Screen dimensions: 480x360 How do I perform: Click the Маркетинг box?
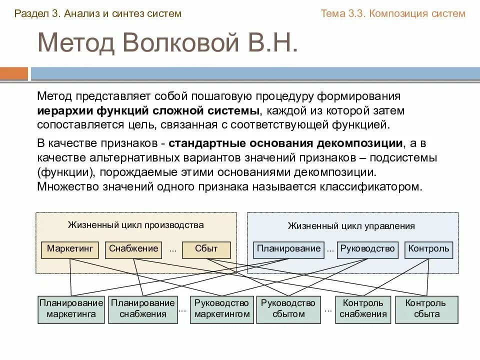[x=70, y=249]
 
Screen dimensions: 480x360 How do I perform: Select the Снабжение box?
[x=133, y=249]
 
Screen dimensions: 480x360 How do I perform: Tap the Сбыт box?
[x=206, y=249]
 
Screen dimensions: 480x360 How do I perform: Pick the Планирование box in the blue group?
[x=288, y=249]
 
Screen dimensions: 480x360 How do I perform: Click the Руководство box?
[x=367, y=249]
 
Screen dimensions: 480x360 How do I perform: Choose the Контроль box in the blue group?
[x=428, y=249]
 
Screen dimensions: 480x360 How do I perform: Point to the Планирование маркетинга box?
[x=71, y=308]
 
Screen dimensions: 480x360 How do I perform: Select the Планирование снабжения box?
[x=143, y=308]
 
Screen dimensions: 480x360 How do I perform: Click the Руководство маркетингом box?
[x=221, y=308]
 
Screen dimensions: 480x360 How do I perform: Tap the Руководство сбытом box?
[x=288, y=308]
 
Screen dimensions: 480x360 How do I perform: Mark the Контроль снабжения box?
[x=363, y=308]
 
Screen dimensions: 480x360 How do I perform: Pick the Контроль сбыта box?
[x=426, y=308]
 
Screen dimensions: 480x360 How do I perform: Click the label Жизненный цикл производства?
[x=135, y=225]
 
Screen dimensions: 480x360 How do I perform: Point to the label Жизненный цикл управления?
[x=351, y=226]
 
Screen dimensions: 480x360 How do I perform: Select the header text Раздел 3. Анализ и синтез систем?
[x=97, y=13]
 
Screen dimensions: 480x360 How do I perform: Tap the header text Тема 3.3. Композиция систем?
[x=392, y=13]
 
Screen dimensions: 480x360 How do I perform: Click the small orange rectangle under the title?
[x=14, y=73]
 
